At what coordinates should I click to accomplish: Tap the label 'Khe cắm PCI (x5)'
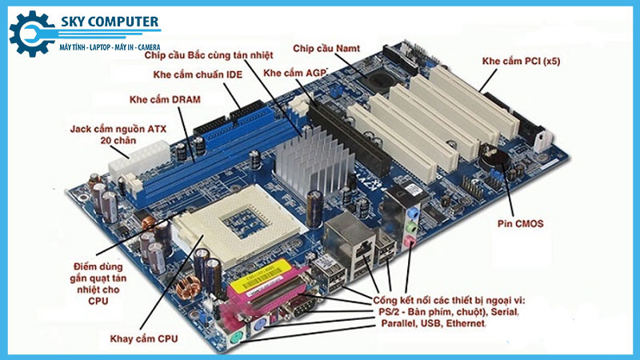click(520, 61)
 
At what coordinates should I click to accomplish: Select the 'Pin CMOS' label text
click(520, 224)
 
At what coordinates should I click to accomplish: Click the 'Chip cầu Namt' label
click(326, 48)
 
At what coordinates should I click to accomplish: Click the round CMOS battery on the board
click(501, 156)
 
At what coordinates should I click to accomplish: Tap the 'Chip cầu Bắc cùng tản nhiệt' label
click(208, 56)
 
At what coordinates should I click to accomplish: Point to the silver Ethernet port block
click(350, 240)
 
